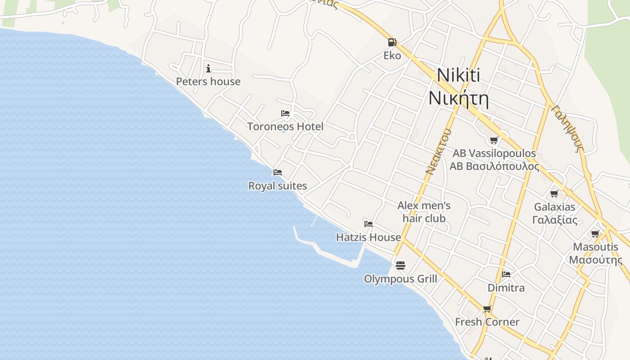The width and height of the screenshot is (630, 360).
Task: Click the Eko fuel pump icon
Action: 392,42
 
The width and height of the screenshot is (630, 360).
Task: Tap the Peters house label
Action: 208,81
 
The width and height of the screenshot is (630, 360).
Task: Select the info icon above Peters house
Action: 208,68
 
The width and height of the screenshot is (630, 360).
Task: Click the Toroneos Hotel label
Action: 285,126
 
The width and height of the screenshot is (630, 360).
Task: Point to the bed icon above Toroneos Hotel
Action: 285,113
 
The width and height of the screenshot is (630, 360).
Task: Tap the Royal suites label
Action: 278,185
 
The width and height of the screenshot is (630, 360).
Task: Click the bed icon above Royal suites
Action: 278,172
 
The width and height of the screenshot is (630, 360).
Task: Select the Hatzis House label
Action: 369,237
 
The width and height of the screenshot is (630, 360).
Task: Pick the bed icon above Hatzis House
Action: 369,224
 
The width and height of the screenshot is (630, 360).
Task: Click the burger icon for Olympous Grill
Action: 400,265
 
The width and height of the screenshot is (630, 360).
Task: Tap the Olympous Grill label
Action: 400,279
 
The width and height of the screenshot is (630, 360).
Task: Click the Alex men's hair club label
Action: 424,212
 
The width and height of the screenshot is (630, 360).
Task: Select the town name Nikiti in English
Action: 458,75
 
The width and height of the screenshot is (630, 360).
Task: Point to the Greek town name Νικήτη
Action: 458,98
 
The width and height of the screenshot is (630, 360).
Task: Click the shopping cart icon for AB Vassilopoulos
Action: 494,140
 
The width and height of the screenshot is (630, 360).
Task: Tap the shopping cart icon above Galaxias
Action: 554,193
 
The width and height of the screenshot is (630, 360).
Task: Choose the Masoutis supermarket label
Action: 595,253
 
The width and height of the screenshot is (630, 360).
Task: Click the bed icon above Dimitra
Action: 506,274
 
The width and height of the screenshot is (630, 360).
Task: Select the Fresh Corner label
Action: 487,322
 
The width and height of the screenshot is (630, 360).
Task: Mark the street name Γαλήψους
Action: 567,129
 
